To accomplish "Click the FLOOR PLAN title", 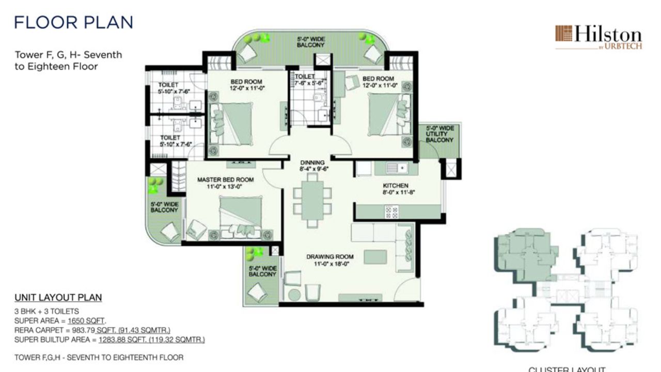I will coord(73,22).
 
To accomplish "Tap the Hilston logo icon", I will coord(564,34).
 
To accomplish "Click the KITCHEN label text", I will coord(395,185).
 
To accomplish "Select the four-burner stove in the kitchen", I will coord(391,212).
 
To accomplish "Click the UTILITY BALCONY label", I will coord(439,134).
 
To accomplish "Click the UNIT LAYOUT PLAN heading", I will coord(58,298).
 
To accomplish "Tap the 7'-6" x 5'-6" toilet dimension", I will coord(308,83).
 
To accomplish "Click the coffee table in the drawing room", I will coord(375,256).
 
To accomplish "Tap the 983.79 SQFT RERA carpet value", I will coord(85,330).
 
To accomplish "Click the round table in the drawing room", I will coord(294,295).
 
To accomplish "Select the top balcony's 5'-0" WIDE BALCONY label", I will coord(310,42).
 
